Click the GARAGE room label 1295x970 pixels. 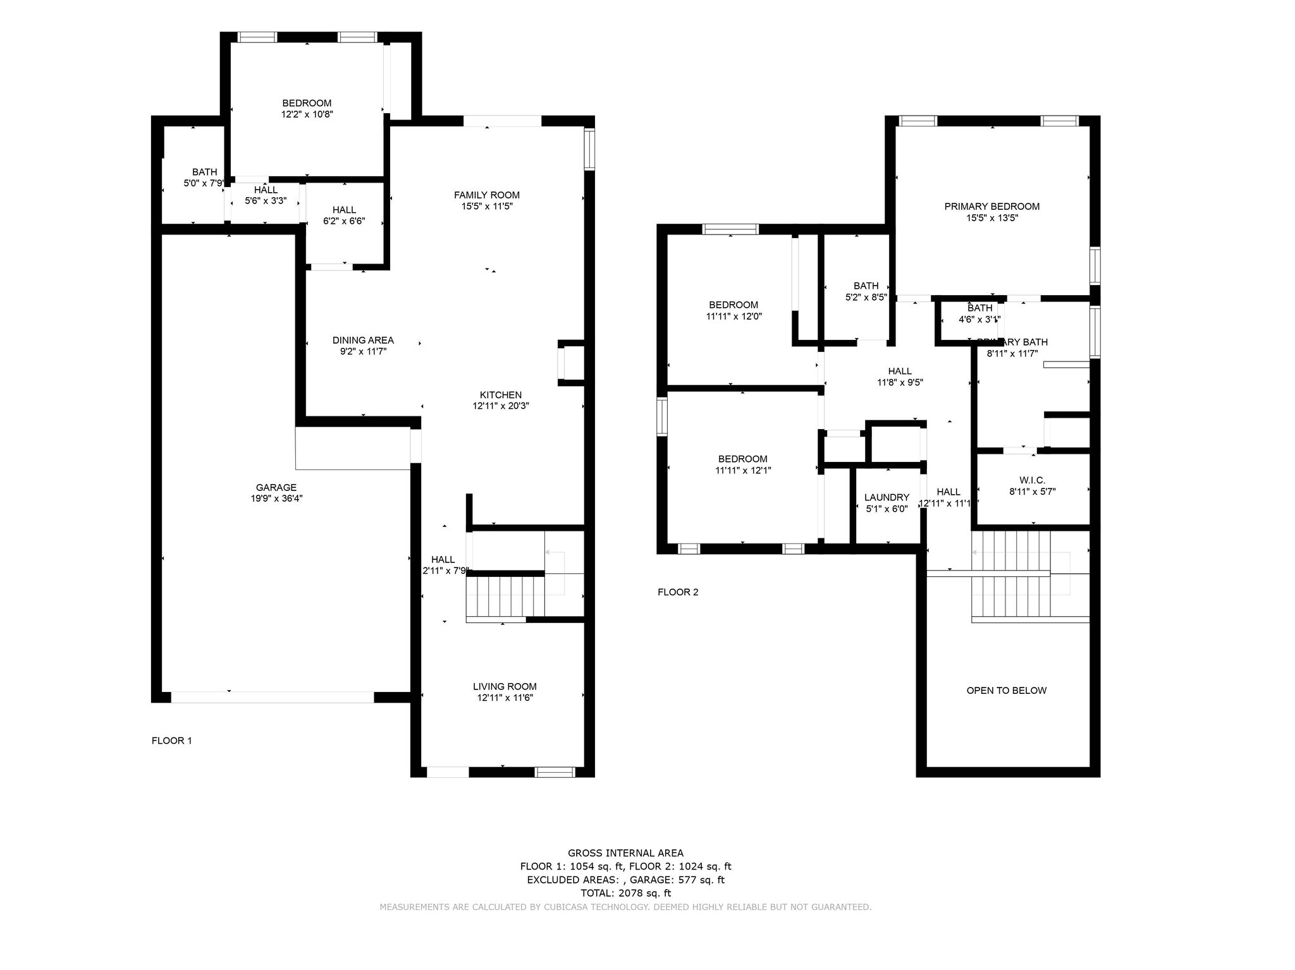276,487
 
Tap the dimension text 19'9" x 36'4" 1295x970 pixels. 276,499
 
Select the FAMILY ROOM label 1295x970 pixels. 486,195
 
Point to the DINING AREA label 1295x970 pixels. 363,341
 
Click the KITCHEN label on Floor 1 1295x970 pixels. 500,395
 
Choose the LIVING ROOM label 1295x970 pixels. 504,686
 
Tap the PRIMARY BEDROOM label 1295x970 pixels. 991,207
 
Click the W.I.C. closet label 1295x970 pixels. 1032,480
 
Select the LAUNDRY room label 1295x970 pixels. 887,497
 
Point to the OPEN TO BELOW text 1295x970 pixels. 1006,691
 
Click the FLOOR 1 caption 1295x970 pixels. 171,741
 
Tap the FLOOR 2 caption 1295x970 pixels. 678,592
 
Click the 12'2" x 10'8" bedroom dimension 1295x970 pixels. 307,114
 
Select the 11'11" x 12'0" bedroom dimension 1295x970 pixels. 733,317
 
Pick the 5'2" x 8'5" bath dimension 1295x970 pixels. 866,297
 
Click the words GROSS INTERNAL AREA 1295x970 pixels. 625,853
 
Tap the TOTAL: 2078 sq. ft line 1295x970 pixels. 625,893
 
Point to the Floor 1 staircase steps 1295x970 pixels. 505,596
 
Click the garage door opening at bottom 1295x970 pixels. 272,697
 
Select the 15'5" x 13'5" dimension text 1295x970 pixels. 991,218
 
